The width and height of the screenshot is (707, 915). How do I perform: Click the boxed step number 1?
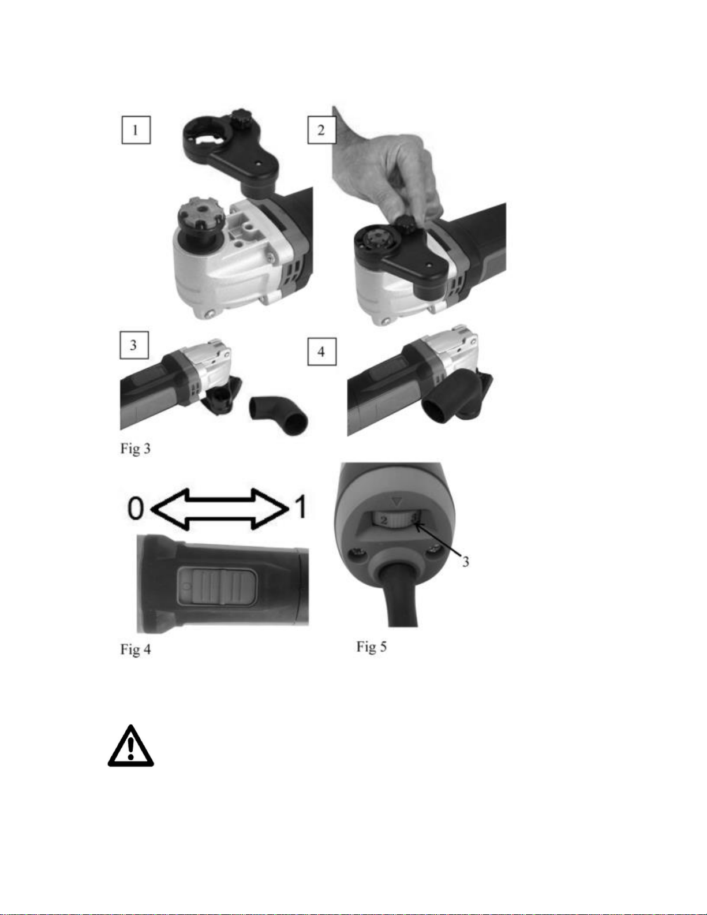pos(136,130)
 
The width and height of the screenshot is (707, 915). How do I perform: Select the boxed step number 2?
pos(322,130)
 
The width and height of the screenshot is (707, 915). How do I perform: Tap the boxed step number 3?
pos(134,345)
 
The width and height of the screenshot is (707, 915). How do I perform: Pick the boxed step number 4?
pos(322,351)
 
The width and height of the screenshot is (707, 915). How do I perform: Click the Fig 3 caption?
pos(136,449)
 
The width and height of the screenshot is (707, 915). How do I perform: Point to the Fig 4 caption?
pos(136,649)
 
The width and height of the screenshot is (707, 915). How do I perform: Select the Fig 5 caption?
pos(372,647)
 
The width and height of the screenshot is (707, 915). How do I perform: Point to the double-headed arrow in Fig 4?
pos(219,509)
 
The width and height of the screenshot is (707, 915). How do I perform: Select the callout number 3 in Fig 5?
pos(465,561)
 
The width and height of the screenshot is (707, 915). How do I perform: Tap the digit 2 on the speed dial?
pos(383,521)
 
